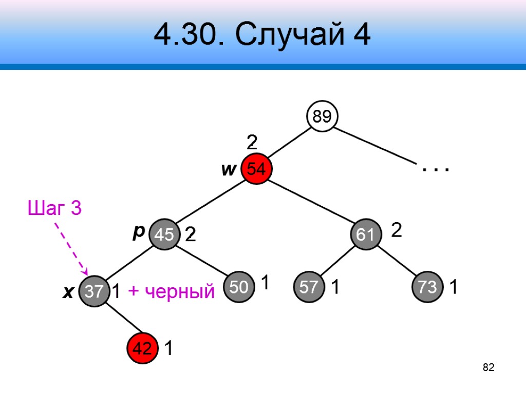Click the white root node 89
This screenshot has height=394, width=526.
click(322, 117)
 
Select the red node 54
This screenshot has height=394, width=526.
click(256, 169)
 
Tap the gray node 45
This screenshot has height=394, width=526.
click(164, 235)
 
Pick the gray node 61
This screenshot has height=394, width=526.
click(365, 234)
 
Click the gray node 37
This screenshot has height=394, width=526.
click(95, 292)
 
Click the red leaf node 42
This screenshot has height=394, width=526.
click(142, 348)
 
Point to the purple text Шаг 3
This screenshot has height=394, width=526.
click(54, 209)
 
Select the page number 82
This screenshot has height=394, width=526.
click(489, 367)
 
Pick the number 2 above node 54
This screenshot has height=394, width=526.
click(252, 142)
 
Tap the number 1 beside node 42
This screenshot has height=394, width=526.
click(168, 349)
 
